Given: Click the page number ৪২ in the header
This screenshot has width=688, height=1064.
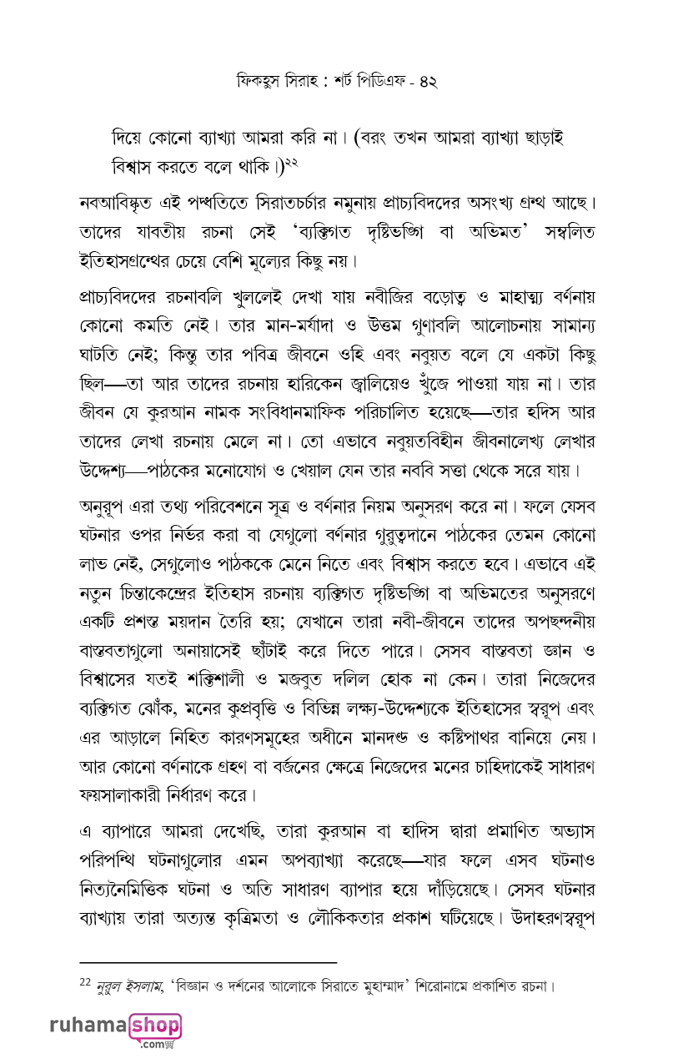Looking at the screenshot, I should (427, 82).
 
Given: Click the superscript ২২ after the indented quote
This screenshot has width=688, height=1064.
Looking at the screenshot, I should (290, 159).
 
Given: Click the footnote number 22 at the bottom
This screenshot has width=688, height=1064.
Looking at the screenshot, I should (84, 984).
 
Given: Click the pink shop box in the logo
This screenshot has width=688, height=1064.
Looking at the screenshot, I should (154, 1025).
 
